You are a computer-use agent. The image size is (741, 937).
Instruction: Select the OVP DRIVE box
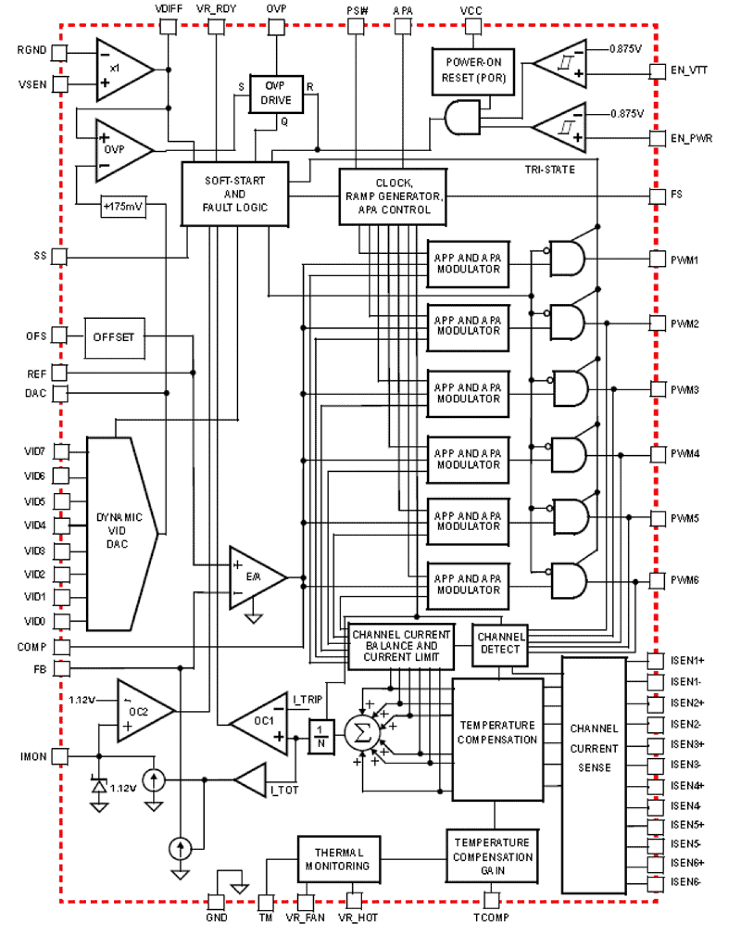(276, 94)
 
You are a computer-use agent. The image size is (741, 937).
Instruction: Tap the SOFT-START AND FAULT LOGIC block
(235, 194)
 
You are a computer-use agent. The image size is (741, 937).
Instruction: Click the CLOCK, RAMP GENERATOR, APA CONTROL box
(393, 197)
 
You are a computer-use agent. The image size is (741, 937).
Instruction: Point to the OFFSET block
(114, 338)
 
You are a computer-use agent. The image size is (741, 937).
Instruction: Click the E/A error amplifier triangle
(254, 577)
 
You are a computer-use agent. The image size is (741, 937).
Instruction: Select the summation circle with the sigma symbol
(362, 733)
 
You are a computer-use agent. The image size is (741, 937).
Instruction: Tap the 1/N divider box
(321, 736)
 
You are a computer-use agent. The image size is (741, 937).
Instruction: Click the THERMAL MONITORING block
(339, 859)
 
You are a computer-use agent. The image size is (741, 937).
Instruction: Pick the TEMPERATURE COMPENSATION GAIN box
(493, 856)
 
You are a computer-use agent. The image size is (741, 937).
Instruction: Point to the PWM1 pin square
(657, 259)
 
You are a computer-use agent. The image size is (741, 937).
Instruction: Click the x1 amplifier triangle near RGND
(121, 70)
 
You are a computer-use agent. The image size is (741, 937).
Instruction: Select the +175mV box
(123, 207)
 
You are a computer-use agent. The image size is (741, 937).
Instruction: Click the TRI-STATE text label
(549, 170)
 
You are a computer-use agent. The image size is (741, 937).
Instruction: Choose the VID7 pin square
(61, 452)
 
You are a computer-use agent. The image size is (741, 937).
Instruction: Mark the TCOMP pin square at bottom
(491, 900)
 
